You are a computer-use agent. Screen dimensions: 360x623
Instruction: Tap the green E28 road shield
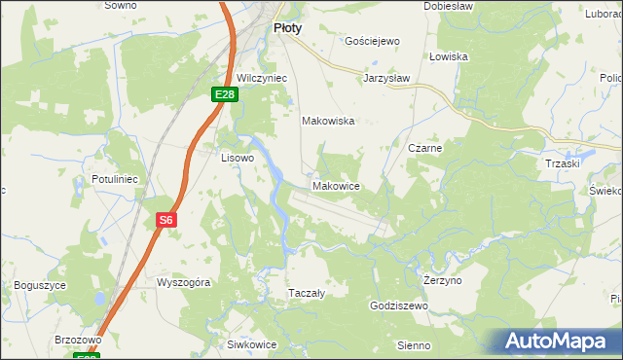(x=225, y=93)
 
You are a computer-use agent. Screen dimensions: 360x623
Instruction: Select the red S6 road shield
(x=166, y=221)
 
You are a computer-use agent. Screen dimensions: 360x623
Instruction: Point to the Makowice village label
(x=336, y=186)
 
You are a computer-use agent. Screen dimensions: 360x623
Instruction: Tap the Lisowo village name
(x=238, y=157)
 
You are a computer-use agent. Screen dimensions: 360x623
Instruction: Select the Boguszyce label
(x=40, y=285)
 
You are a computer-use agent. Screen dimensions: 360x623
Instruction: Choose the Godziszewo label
(x=399, y=306)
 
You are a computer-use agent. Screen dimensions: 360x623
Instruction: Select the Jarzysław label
(x=386, y=77)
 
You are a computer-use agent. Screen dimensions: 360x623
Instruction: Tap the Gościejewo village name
(x=373, y=42)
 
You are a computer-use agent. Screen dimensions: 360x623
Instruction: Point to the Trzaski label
(x=563, y=163)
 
